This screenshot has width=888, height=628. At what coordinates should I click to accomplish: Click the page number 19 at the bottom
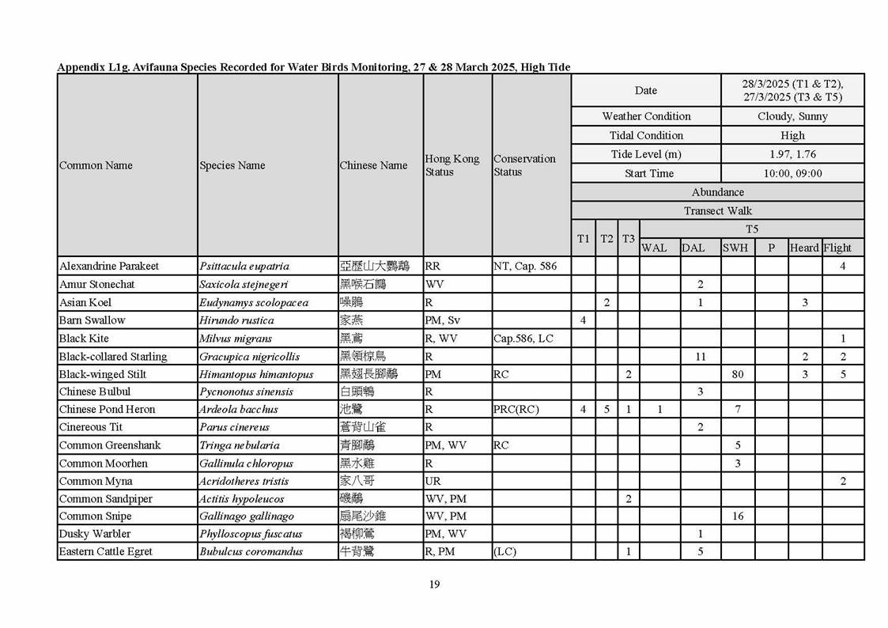click(x=434, y=584)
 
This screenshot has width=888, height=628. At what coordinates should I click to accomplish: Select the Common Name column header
click(x=96, y=165)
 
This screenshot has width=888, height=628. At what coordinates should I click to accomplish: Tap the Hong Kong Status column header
click(x=452, y=165)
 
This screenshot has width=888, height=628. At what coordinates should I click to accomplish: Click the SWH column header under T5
click(x=735, y=248)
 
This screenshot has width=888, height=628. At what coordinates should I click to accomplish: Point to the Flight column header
click(x=837, y=248)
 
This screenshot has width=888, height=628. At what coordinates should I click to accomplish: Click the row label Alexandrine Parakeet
click(x=108, y=266)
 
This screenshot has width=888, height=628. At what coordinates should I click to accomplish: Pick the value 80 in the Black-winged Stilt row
click(x=737, y=374)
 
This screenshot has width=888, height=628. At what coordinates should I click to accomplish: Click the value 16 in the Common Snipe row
click(x=737, y=516)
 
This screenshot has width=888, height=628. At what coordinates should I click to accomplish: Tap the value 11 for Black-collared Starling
click(x=701, y=357)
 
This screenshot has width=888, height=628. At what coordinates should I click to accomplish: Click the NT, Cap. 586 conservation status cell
click(x=524, y=266)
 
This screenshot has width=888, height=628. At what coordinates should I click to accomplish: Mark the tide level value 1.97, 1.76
click(x=792, y=154)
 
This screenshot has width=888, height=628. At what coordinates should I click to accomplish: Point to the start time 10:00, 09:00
click(x=792, y=173)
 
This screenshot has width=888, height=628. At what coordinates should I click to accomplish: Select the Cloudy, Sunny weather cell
click(x=792, y=116)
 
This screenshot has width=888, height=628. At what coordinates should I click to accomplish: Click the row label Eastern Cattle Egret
click(x=105, y=551)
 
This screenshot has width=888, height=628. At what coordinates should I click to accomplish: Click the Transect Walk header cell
click(x=717, y=211)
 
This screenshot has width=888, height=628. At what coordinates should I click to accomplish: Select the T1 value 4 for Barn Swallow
click(x=583, y=320)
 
